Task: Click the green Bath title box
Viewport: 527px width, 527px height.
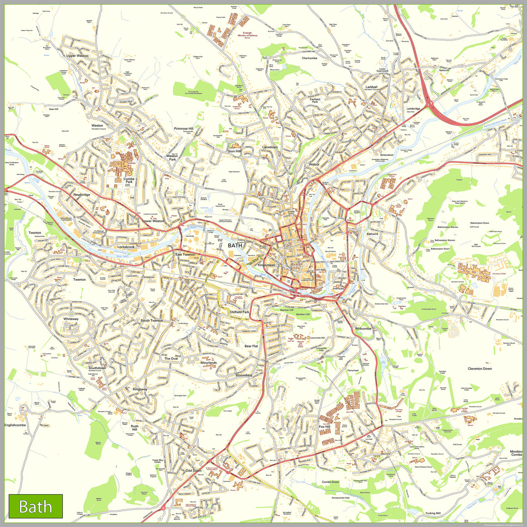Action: point(36,506)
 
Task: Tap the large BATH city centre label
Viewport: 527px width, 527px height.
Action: point(235,246)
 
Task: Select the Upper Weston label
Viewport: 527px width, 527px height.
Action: point(77,56)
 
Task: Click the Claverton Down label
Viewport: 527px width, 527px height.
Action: point(480,369)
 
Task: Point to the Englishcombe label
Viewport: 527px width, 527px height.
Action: point(15,425)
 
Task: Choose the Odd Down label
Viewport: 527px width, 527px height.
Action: point(194,470)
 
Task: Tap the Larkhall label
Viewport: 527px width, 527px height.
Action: point(371,87)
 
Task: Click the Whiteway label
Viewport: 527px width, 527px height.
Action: point(71,319)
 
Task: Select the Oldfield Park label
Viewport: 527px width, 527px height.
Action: point(239,312)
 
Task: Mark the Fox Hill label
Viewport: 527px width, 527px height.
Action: point(324,427)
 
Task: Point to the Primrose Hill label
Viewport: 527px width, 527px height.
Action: point(183,128)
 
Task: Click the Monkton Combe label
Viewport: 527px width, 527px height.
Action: point(516,453)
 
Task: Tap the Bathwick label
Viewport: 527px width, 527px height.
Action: point(372,234)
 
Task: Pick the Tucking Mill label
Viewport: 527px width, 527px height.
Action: point(433,513)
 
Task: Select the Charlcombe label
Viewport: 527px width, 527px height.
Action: point(310,58)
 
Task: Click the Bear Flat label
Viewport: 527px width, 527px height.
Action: point(251,346)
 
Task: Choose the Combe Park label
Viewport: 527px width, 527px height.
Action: point(129,180)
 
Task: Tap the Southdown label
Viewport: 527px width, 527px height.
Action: point(97,368)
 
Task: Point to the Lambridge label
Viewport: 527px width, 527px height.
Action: point(413,109)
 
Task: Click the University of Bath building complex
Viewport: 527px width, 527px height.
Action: point(474,271)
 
